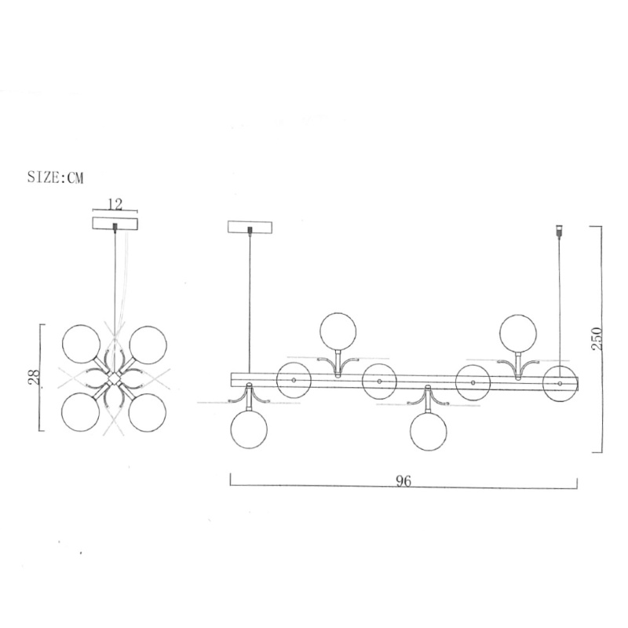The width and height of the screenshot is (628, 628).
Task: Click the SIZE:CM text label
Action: coord(55,177)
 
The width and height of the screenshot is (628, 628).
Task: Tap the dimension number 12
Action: coord(115,204)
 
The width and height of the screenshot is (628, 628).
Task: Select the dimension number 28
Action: coord(35,377)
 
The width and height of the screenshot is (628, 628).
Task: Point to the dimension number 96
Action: coord(403,480)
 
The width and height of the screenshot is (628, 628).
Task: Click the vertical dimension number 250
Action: coord(597,339)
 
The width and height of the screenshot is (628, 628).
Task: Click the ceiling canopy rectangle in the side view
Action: coord(250,227)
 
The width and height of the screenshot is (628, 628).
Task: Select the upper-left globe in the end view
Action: coord(82,344)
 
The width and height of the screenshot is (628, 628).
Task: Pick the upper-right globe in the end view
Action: coord(148,345)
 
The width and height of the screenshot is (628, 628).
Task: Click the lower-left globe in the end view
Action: coord(81,412)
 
